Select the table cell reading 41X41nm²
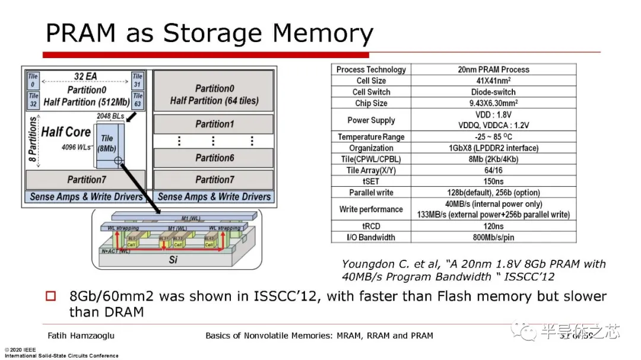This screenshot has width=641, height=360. (494, 81)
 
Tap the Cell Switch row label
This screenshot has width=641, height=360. (371, 92)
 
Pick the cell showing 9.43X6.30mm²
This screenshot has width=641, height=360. (494, 103)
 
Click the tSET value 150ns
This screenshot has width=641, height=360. (494, 181)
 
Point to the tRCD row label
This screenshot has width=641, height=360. (371, 226)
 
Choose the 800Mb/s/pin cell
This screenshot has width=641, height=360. (494, 237)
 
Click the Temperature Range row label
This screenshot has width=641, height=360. (371, 137)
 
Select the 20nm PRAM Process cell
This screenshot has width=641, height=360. (494, 69)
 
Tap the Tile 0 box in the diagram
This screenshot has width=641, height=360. (33, 80)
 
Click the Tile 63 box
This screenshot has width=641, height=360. (138, 99)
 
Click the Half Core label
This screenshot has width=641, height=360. (66, 132)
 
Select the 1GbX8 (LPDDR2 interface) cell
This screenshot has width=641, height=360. (494, 148)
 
